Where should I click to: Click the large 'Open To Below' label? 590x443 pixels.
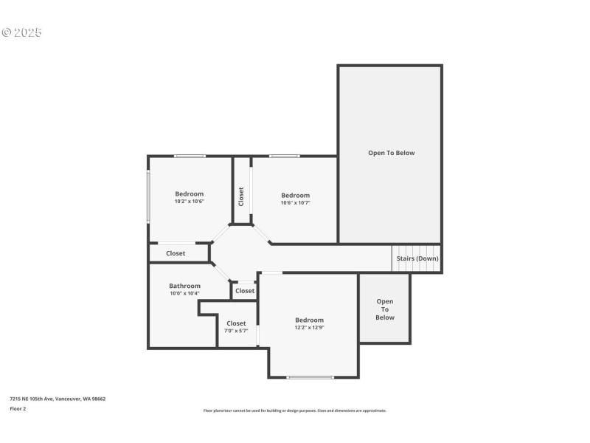tap(391, 153)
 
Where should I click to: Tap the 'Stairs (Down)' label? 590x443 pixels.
tap(417, 258)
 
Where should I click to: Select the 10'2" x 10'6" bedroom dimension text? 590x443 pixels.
tap(189, 202)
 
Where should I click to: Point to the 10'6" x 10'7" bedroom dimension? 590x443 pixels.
tap(295, 203)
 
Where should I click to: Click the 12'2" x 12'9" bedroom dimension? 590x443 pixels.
tap(309, 328)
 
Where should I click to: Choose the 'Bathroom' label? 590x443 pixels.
tap(184, 286)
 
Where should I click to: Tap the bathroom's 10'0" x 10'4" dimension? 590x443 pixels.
tap(184, 294)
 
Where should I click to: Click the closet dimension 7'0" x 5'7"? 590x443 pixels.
tap(236, 331)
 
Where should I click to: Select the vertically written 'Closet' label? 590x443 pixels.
tap(241, 196)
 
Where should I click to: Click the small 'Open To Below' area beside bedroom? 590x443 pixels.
tap(384, 309)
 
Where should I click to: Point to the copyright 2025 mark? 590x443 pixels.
tap(21, 32)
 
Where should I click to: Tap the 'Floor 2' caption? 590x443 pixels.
tap(18, 408)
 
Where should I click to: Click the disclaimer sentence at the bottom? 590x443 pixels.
tap(294, 411)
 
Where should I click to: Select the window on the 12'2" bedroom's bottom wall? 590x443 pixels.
tap(310, 377)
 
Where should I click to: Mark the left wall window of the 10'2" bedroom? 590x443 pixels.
tap(148, 196)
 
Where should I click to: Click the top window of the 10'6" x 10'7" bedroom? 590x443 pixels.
tap(284, 156)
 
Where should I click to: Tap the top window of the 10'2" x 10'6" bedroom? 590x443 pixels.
tap(190, 156)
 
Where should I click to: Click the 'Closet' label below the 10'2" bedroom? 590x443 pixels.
tap(176, 253)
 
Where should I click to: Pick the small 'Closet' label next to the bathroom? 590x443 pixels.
tap(245, 291)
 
